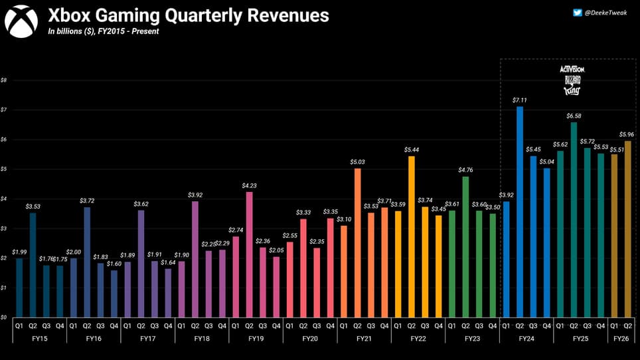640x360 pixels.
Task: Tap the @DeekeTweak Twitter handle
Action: click(606, 12)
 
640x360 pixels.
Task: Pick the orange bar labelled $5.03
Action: click(358, 242)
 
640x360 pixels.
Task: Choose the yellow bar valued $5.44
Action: click(412, 236)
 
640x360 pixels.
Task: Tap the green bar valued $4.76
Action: click(466, 246)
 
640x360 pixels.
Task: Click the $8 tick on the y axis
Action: click(4, 80)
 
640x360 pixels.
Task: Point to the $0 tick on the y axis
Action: click(4, 317)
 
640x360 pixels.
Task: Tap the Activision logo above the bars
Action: click(572, 69)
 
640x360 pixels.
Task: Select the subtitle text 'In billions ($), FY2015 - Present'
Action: click(103, 31)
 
